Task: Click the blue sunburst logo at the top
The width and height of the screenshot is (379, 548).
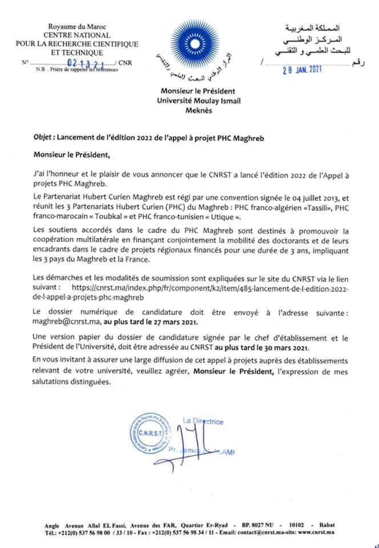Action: click(188, 43)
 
